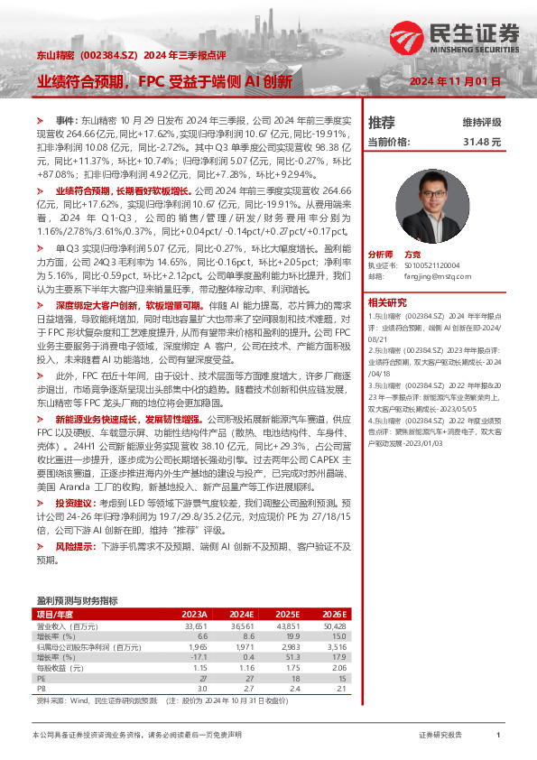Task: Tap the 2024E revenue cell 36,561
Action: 244,626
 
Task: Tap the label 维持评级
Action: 482,123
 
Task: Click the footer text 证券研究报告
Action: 440,736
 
